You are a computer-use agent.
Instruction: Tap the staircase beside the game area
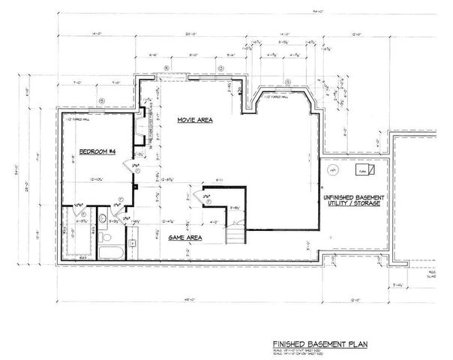pos(236,231)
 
